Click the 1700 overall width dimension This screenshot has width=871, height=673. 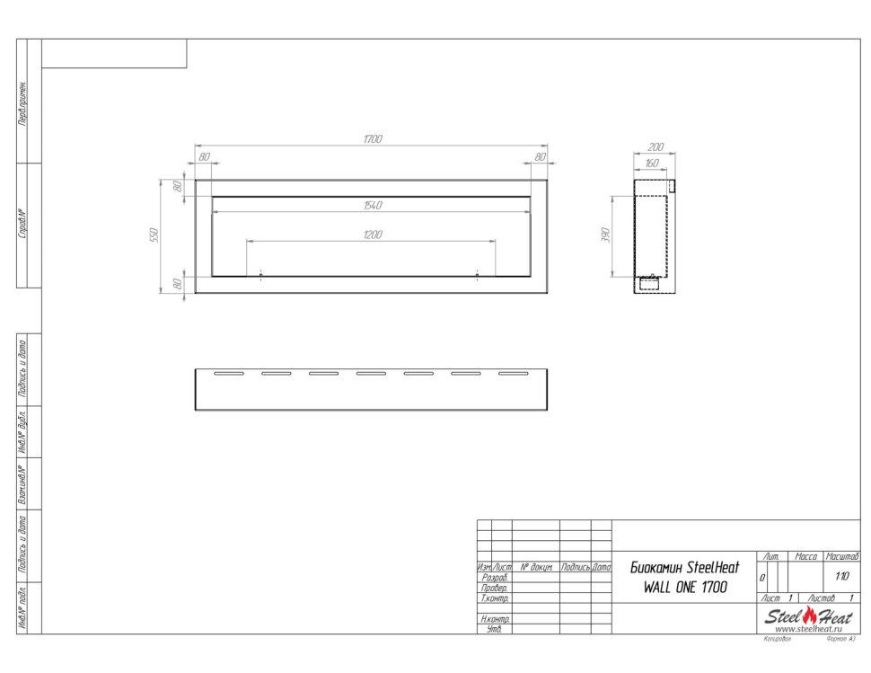373,139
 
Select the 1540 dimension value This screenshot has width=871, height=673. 373,206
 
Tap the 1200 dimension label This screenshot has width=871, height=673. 373,235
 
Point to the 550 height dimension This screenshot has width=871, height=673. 154,235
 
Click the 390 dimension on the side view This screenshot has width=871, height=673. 606,236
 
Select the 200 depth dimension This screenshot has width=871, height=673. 655,146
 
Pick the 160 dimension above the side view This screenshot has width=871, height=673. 651,163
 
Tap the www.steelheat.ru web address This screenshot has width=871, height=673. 805,629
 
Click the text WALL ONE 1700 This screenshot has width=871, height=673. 685,587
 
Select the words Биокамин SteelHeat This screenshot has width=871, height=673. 685,568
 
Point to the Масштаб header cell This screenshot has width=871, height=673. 841,558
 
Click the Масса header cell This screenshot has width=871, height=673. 805,558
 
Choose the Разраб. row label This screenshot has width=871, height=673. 495,578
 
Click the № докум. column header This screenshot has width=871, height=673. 535,568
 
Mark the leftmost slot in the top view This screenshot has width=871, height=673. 228,373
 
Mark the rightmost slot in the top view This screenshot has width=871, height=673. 513,373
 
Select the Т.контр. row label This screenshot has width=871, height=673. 496,598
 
